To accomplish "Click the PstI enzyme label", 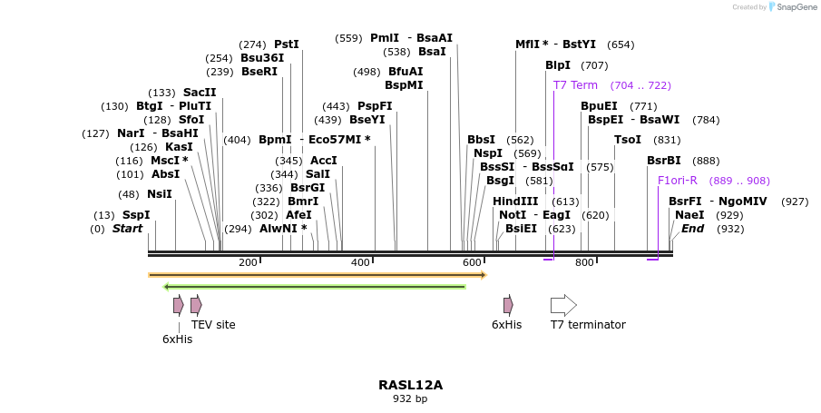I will tap(286, 44).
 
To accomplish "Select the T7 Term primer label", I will tap(575, 85).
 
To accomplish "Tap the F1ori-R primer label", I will tap(677, 181).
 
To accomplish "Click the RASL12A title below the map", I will tap(410, 385).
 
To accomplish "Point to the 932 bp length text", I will tap(410, 398).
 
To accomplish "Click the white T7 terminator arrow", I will tap(563, 305).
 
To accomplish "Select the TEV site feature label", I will tap(213, 324).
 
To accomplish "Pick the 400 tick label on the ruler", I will tap(360, 263).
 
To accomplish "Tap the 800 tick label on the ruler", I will tap(584, 263).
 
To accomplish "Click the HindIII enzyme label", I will tap(515, 201).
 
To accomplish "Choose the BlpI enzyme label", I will tap(558, 65).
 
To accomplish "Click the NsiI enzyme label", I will tap(159, 193).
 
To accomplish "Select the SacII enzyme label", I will tap(200, 93).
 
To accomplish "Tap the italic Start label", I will tap(127, 229).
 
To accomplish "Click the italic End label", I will tap(692, 229).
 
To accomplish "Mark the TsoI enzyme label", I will tap(628, 140).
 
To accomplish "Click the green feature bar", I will tap(314, 287).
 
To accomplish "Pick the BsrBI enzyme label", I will tap(663, 161).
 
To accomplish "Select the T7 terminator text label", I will tap(588, 324).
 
